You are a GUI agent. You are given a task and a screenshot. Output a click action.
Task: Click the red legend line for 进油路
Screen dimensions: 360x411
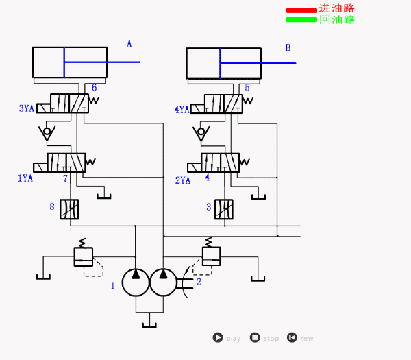tap(301, 10)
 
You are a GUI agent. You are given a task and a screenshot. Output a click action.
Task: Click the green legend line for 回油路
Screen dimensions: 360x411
tap(301, 19)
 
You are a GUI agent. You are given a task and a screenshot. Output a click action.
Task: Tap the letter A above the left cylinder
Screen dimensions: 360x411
tap(129, 44)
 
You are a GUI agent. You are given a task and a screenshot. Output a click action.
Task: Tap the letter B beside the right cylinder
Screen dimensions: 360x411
tap(288, 47)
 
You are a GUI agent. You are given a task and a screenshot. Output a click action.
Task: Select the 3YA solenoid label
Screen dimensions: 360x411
tap(26, 108)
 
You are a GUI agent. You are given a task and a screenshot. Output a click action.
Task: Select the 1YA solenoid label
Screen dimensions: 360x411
tap(25, 178)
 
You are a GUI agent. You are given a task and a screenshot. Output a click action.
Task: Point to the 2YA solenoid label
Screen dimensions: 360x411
tap(183, 180)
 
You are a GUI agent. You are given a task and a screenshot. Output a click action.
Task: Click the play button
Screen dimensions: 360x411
tap(219, 337)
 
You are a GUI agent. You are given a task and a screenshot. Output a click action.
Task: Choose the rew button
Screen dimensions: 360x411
tap(292, 337)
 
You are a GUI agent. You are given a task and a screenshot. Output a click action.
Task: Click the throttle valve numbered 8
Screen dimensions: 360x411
tap(69, 209)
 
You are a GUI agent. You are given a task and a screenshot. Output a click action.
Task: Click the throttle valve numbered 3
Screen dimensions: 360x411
tap(224, 208)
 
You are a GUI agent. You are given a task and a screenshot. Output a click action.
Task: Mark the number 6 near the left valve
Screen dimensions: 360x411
tap(94, 88)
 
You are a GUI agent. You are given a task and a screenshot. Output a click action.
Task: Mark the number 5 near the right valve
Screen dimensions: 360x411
tap(247, 88)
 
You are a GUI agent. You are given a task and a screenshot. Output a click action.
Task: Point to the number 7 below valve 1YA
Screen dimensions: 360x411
tap(66, 179)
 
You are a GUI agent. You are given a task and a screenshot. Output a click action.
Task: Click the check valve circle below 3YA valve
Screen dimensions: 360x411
tap(47, 131)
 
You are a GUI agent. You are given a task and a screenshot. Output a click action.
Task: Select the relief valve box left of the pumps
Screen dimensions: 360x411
tap(83, 256)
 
